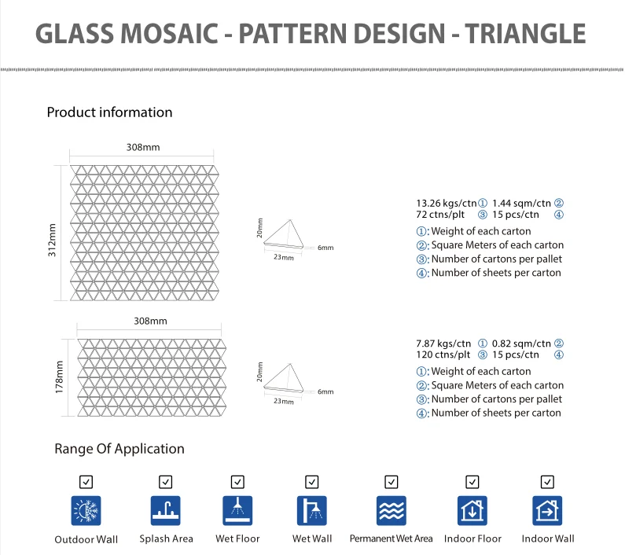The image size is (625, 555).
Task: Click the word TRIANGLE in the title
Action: point(525,34)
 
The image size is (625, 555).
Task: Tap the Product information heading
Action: point(109,112)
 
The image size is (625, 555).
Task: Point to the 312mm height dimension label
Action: point(52,240)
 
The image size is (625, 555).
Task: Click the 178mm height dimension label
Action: point(60,377)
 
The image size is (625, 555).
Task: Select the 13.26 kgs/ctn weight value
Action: point(447,204)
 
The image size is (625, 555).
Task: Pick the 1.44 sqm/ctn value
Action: point(521,204)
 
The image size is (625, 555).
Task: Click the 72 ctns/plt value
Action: point(440,215)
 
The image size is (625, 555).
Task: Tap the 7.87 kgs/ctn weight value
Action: point(443,344)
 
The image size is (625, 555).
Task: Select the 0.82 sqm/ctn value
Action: point(521,344)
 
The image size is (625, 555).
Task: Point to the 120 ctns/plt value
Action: point(443,355)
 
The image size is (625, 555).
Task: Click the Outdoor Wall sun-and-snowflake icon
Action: point(86,511)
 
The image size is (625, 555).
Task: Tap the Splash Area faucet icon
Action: point(165,511)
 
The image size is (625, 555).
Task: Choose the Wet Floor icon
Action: point(237,511)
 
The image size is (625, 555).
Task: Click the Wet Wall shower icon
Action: point(311,511)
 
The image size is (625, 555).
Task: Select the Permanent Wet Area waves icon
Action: point(392,511)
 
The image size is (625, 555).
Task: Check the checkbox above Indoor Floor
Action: point(472,482)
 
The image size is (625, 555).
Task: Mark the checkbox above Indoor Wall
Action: point(547,482)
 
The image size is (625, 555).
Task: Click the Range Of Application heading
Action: point(119,449)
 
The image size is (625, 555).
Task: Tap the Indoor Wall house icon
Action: point(547,511)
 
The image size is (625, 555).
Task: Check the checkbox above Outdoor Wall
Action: point(86,482)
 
